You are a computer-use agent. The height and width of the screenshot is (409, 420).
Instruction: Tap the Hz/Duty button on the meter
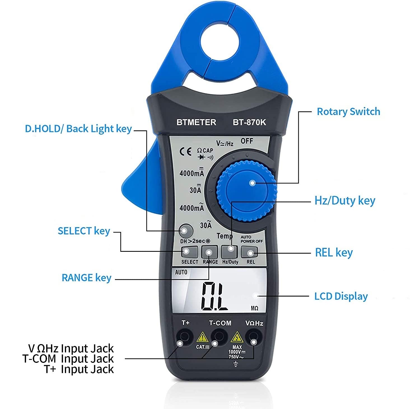230,252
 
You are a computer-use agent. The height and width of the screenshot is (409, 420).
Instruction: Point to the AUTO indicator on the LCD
181,272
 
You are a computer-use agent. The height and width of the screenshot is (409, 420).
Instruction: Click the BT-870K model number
249,122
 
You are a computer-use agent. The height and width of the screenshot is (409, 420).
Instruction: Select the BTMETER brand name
196,122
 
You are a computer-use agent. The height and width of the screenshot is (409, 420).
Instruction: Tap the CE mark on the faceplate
185,152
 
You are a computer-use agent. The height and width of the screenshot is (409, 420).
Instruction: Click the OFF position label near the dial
247,141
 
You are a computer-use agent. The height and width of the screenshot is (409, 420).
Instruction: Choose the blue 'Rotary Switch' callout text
348,112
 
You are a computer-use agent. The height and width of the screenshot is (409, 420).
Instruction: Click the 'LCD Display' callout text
341,296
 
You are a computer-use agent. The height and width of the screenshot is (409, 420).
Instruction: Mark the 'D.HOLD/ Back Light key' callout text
78,129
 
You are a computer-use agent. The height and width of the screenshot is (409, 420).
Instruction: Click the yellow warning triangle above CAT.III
202,337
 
